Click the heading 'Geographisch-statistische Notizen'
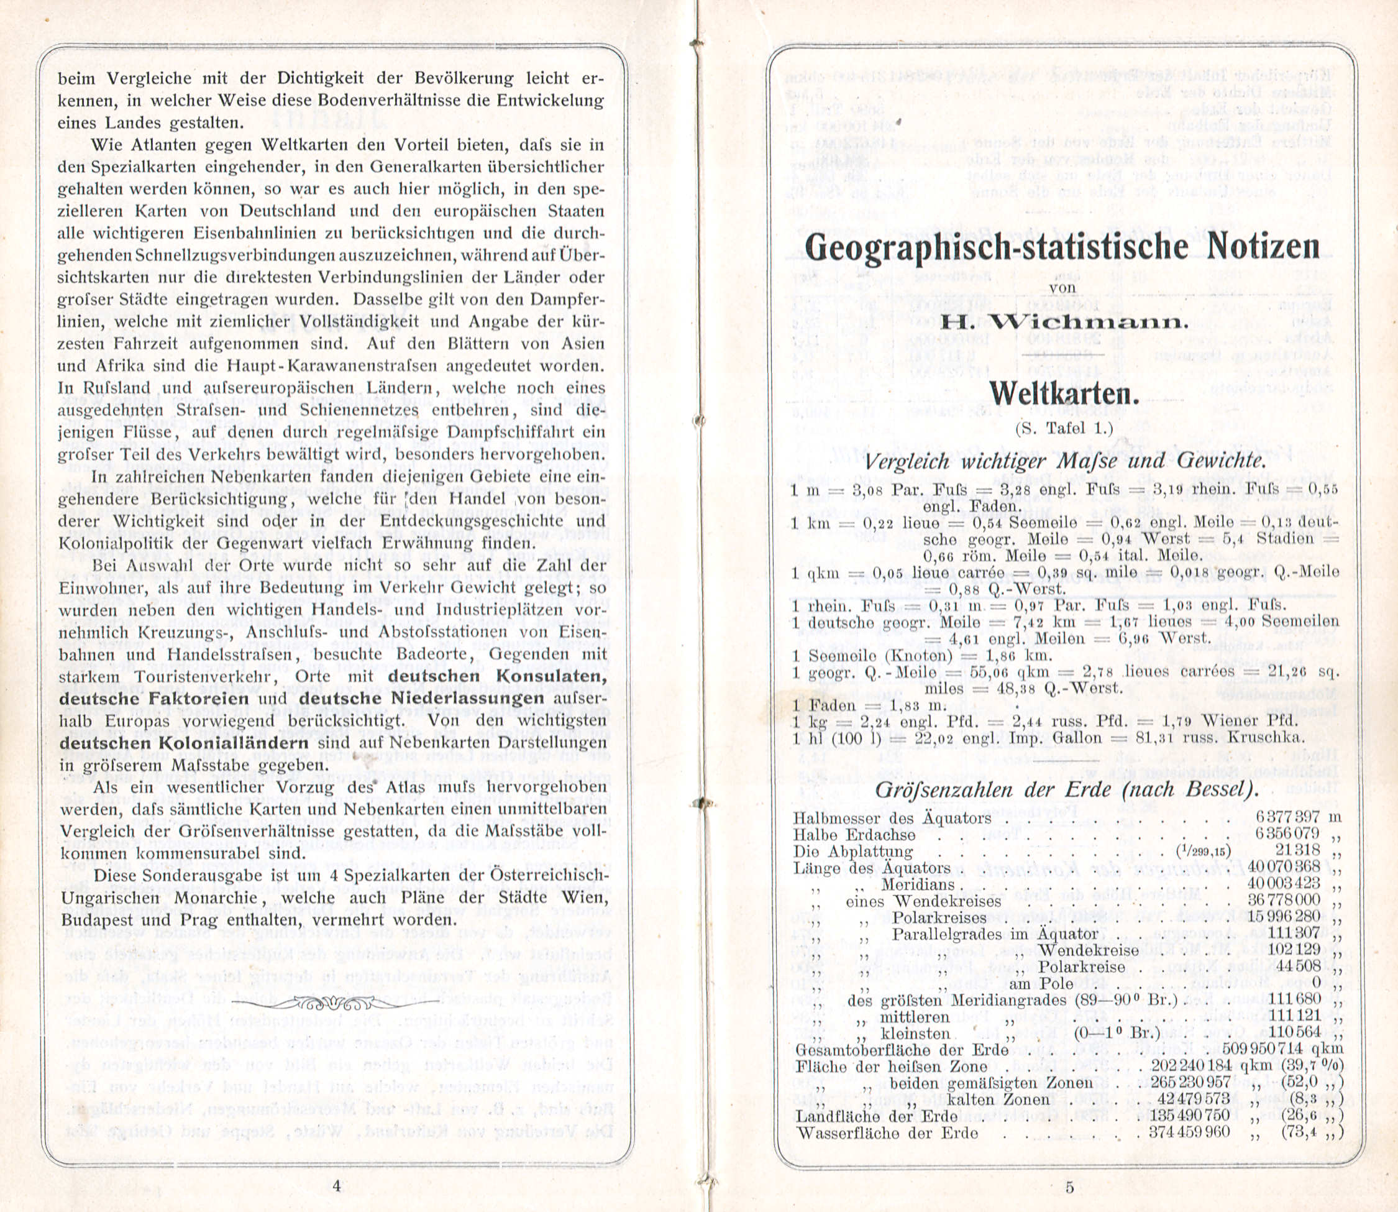(x=1062, y=247)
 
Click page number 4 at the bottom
(x=337, y=1184)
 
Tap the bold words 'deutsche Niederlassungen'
(x=421, y=698)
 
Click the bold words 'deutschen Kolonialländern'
(x=184, y=742)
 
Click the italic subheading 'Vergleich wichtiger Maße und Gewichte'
(x=1066, y=461)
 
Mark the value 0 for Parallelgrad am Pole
(x=1315, y=983)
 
